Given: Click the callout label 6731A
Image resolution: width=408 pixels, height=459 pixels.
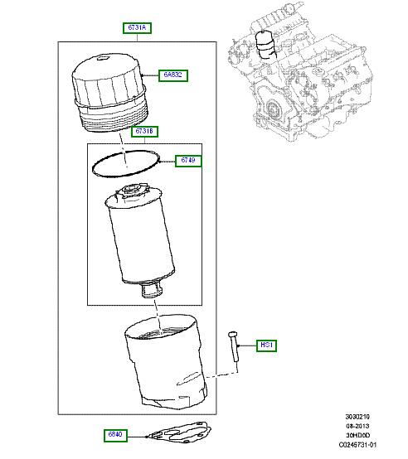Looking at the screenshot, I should tap(138, 28).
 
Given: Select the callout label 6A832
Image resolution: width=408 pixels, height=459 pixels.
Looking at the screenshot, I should tap(174, 75).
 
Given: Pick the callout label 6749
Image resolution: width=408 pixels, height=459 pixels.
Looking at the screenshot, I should tap(188, 160).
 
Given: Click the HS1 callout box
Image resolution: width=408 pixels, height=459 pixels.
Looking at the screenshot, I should tap(267, 345).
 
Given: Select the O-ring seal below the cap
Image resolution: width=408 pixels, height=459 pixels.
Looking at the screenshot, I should tap(124, 164).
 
